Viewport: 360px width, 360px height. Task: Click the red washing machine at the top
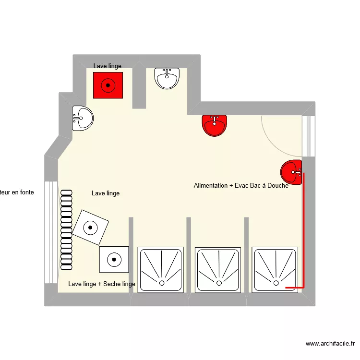click(x=108, y=85)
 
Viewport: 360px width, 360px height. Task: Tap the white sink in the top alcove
click(x=167, y=78)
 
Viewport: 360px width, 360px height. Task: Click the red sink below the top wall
click(x=215, y=125)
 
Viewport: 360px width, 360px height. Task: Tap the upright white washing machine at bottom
click(x=114, y=259)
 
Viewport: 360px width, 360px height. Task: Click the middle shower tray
click(x=218, y=269)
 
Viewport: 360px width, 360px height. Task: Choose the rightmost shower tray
click(x=275, y=269)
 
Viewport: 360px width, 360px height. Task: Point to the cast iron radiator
click(x=67, y=230)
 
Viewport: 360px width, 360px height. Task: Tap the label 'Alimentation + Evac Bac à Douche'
click(x=241, y=185)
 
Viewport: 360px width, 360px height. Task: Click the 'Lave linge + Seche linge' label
click(x=102, y=284)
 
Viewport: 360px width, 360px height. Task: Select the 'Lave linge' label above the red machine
click(x=108, y=66)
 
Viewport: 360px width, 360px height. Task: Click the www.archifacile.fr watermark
click(x=330, y=344)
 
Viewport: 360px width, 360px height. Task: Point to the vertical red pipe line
click(x=303, y=230)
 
